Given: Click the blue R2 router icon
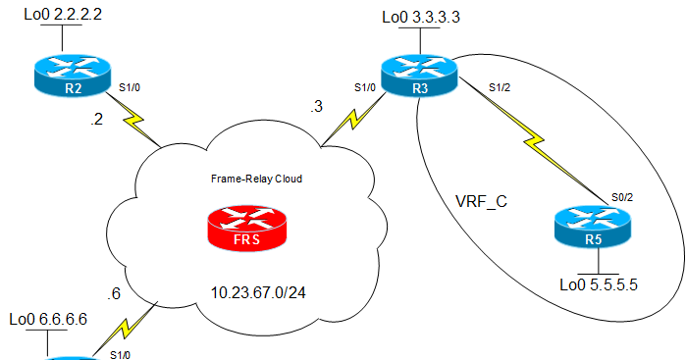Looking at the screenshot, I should [62, 77].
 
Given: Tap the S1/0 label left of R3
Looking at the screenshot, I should [365, 86].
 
